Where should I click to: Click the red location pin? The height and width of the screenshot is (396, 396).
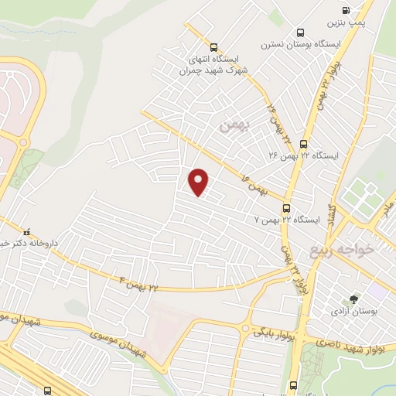click(199, 181)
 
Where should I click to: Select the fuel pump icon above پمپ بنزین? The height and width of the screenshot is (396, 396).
click(345, 10)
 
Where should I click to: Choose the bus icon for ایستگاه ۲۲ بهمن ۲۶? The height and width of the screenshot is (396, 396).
click(302, 143)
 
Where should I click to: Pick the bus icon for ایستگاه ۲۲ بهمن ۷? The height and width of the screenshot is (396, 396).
click(286, 208)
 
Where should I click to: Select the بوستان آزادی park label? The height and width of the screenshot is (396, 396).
click(353, 312)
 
